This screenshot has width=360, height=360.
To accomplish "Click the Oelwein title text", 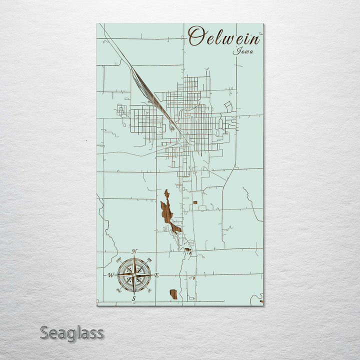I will pos(224,37).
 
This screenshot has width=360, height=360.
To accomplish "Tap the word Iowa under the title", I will pos(243,51).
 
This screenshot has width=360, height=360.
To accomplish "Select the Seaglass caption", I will pos(72,332).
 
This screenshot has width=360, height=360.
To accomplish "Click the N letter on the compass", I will pos(134,251).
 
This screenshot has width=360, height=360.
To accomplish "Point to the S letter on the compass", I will pos(133,298).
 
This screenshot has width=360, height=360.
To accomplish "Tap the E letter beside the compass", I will pos(156,275).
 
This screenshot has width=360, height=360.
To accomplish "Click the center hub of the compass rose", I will pos(134,274).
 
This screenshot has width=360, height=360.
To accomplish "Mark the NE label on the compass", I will pos(149,259).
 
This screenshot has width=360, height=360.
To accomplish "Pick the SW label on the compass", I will pos(118,290).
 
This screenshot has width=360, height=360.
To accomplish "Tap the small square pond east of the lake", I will pos(195,202).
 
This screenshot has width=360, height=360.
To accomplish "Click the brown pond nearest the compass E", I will pos(173,294).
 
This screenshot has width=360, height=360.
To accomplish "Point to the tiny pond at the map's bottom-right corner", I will pos(261,301).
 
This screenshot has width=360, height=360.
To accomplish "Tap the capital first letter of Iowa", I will pos(235,50).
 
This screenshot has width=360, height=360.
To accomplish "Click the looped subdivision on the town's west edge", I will pos(121,109).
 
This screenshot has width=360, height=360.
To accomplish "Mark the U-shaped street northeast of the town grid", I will pos(228,106).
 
